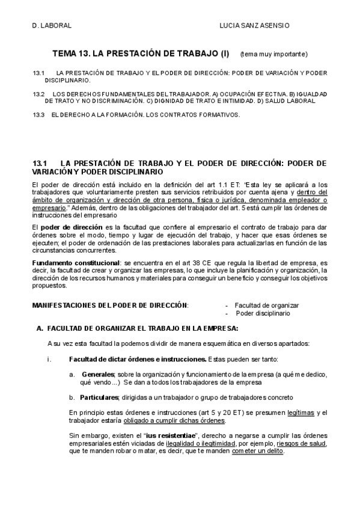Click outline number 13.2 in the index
pos(39,94)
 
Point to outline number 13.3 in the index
pos(39,114)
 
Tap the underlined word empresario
pos(49,207)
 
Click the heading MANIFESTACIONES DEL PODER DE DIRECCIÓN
pos(110,306)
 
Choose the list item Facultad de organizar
pos(266,306)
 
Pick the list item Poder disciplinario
pos(263,313)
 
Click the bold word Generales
pos(97,374)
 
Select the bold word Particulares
pos(100,398)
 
